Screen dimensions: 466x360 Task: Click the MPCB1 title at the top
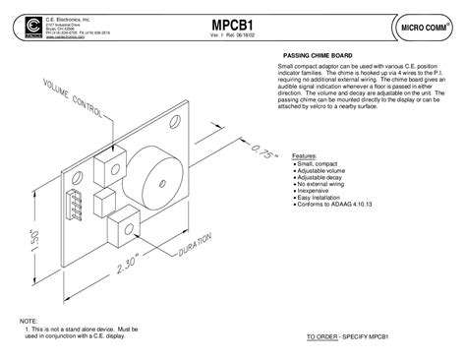pos(232,25)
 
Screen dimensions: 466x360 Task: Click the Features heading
pos(305,155)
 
